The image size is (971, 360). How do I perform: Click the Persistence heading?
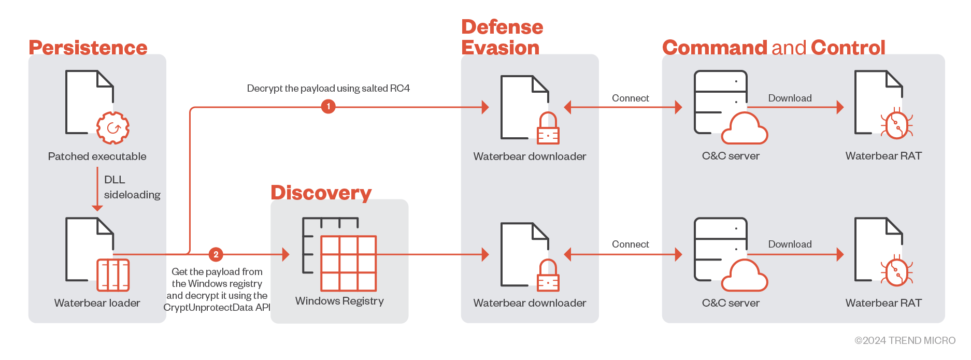[88, 48]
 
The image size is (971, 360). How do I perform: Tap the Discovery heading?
[321, 193]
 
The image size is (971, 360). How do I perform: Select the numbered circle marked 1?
[328, 107]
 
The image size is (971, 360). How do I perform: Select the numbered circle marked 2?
[216, 254]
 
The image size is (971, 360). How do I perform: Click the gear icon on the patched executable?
[113, 128]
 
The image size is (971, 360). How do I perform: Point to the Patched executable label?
[97, 156]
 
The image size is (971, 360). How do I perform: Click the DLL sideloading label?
[132, 187]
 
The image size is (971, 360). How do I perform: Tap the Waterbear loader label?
[97, 303]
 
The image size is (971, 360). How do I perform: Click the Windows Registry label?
[339, 301]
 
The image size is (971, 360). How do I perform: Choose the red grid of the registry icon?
[348, 264]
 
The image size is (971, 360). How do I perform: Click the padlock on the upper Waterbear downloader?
[548, 129]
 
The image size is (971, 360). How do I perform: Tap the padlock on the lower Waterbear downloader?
[548, 277]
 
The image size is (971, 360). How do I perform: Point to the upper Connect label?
[630, 98]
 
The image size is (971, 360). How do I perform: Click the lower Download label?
[790, 244]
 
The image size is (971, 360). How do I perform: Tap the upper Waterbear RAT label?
[883, 156]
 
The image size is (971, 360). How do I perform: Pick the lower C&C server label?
[731, 303]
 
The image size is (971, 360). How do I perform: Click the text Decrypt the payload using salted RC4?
[328, 89]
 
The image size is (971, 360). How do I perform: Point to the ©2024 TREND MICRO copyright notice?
[905, 340]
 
